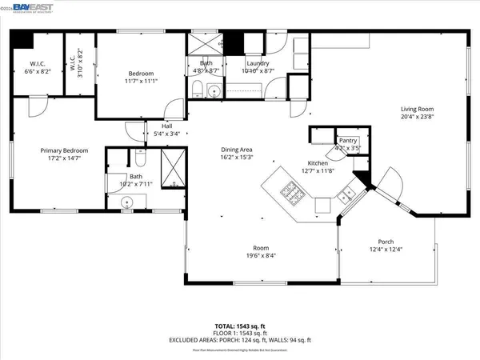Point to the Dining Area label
point(238,150)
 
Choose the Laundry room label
point(257,64)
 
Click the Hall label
point(166,126)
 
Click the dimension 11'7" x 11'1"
point(140,80)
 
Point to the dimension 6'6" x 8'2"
point(38,70)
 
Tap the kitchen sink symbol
point(346,194)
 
